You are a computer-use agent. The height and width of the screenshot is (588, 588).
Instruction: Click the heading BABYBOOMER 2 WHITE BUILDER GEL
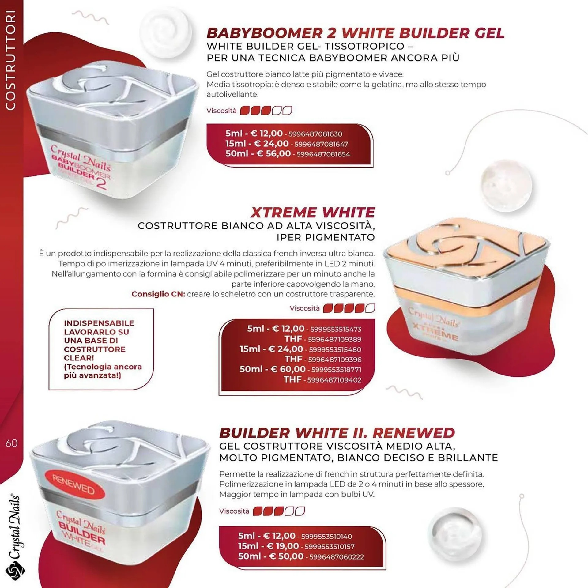[x=356, y=33]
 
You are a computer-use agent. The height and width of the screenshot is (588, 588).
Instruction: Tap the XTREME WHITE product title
[x=313, y=212]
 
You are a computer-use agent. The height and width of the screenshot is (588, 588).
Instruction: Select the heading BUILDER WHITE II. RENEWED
[x=337, y=433]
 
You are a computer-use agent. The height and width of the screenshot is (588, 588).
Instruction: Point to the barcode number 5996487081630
[x=315, y=134]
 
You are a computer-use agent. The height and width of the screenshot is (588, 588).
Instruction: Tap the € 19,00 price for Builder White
[x=283, y=546]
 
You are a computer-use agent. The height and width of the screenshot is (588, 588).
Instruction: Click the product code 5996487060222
[x=337, y=557]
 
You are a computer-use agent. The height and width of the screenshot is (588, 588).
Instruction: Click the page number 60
[x=11, y=443]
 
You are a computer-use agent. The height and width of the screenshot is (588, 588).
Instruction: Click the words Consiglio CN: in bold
[x=158, y=294]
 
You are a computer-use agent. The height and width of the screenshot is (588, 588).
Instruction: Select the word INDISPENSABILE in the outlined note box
[x=99, y=323]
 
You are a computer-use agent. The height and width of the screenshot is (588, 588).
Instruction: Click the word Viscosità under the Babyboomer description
[x=221, y=111]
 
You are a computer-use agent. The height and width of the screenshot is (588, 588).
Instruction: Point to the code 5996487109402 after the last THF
[x=334, y=380]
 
